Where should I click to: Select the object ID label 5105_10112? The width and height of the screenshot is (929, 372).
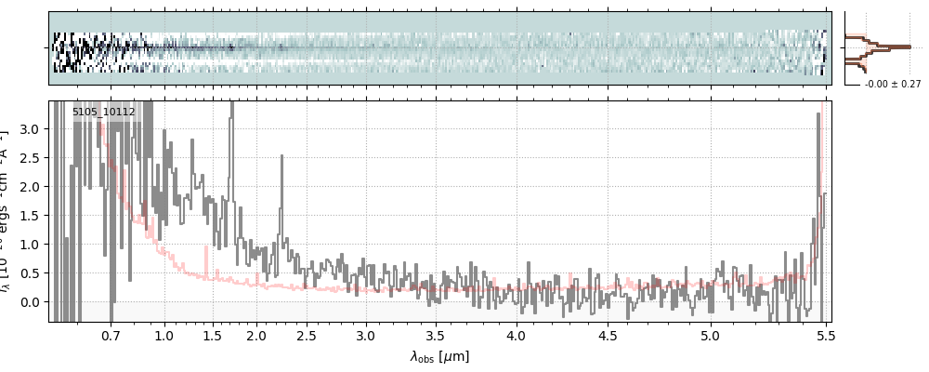click(104, 113)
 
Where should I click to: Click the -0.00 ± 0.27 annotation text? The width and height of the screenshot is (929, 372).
click(893, 84)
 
